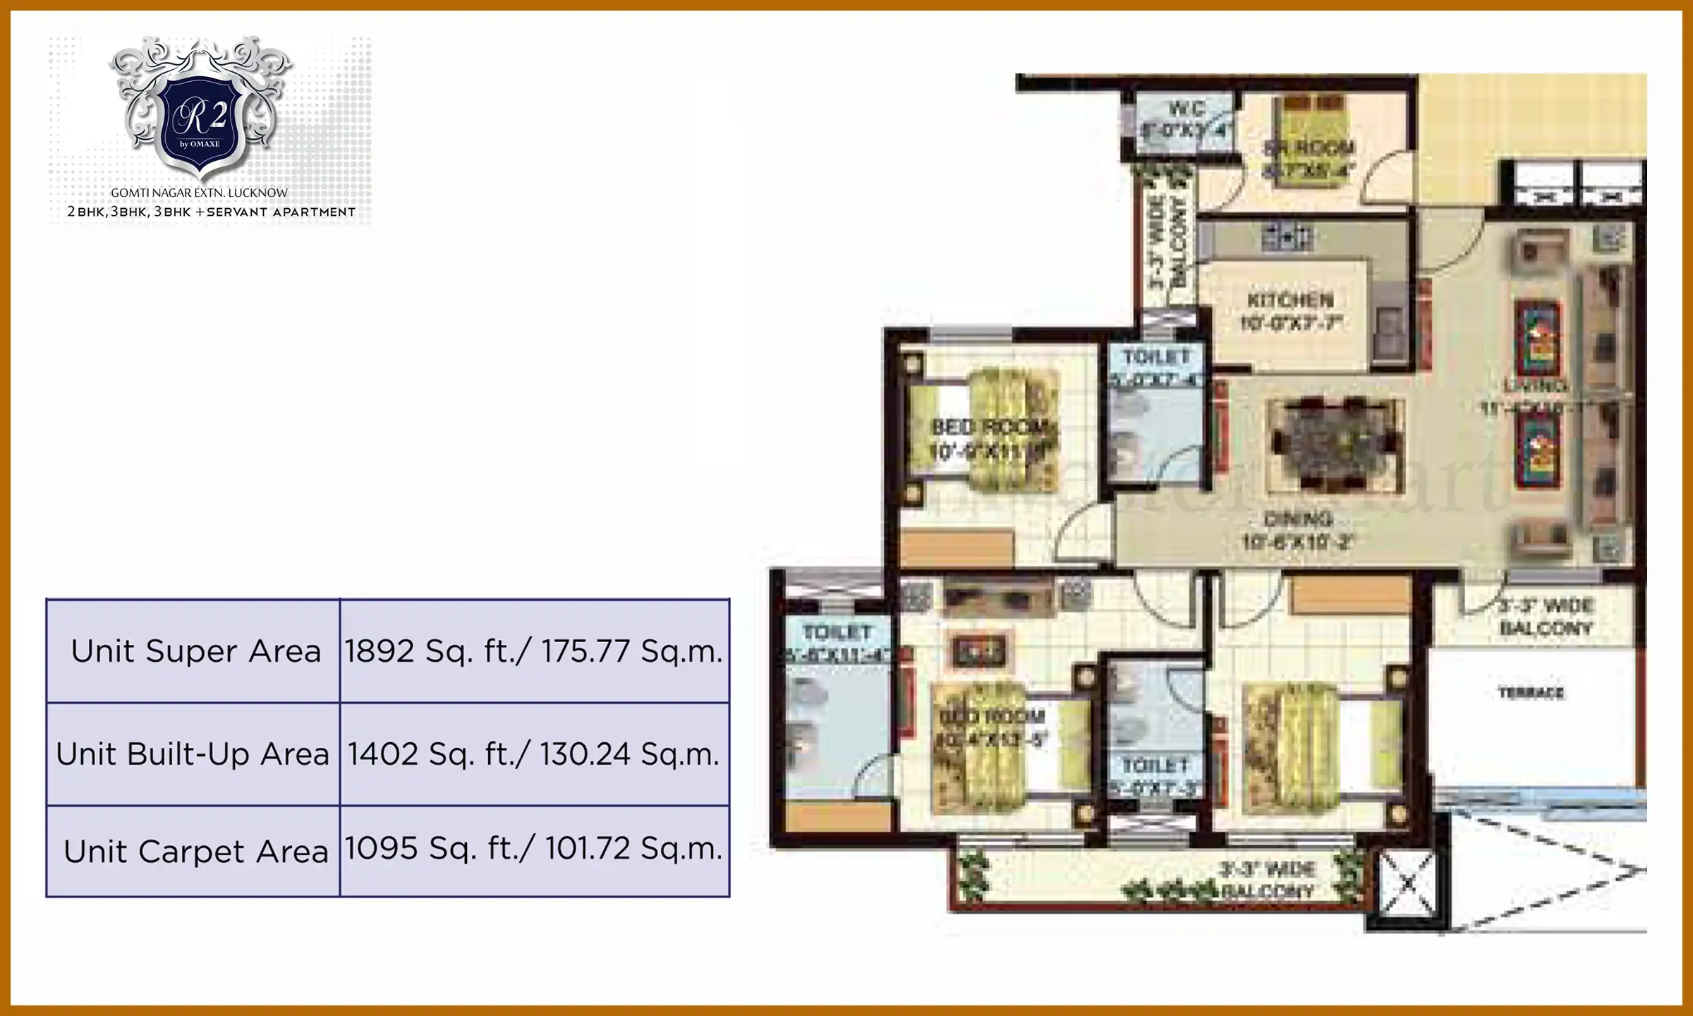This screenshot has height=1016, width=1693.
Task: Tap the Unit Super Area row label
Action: pos(195,651)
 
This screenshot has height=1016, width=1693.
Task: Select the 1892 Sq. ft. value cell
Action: pos(534,651)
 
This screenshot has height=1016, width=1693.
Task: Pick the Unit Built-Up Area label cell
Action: pos(193,754)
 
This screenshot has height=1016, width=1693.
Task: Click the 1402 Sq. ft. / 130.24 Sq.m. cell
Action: pos(534,754)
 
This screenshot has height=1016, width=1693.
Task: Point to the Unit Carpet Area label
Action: pos(195,852)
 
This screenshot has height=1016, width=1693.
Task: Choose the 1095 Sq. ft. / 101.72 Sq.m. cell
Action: pos(534,849)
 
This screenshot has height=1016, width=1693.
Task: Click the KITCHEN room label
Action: pos(1290,301)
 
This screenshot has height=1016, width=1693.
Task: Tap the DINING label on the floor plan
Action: pos(1298,520)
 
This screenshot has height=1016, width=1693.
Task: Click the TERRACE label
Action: pos(1531,693)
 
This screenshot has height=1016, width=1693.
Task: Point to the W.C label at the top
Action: pos(1187,109)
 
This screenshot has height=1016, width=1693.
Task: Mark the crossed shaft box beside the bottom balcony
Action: pos(1407,882)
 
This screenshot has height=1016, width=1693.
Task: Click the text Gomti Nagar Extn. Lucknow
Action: pos(200,193)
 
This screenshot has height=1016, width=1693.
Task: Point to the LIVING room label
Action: pos(1534,386)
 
